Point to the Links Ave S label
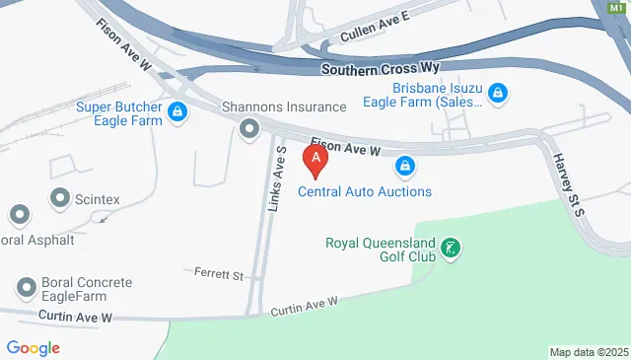276,179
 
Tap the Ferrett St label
219,273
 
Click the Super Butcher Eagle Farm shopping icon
177,111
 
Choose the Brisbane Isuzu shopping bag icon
499,93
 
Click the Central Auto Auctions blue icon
404,166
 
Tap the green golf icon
451,249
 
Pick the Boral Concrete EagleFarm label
86,289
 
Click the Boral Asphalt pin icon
19,215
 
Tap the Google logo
33,347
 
